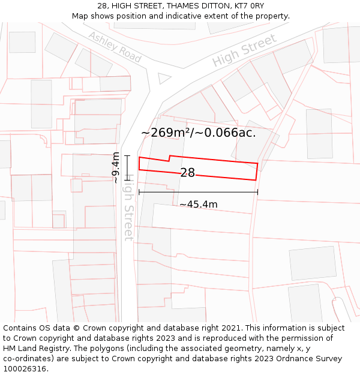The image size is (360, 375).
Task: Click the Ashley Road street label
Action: [x=115, y=47]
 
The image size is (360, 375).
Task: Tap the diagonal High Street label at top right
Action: [x=245, y=51]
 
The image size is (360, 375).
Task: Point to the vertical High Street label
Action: [x=128, y=210]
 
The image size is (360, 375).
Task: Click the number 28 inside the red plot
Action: [x=187, y=173]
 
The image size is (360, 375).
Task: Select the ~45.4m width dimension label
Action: [x=199, y=205]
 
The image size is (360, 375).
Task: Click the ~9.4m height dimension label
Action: [x=115, y=168]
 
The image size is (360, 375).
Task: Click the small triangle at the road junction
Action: [x=163, y=78]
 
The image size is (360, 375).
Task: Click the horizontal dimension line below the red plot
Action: [x=198, y=192]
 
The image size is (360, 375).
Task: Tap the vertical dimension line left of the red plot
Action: [x=127, y=167]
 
